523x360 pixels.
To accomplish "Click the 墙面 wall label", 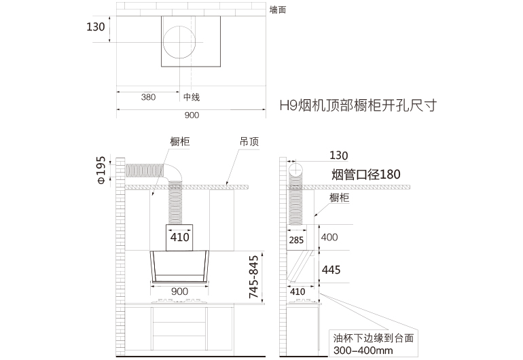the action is click(x=278, y=10).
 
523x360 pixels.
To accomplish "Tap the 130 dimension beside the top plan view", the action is click(x=96, y=26).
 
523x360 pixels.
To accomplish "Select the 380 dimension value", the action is click(x=148, y=97).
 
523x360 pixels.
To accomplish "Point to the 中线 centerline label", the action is click(x=192, y=97).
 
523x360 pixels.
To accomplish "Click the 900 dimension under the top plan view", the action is click(x=192, y=115).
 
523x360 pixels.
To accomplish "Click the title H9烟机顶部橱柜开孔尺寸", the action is click(x=358, y=105).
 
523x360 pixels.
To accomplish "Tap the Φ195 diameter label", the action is click(x=101, y=170).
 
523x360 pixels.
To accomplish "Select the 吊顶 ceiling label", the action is click(x=249, y=142).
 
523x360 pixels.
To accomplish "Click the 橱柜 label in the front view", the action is click(x=180, y=141).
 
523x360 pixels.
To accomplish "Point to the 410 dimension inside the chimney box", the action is click(x=179, y=237).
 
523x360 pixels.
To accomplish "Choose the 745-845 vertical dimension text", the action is click(x=254, y=277).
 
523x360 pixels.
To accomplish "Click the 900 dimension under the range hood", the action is click(x=179, y=291).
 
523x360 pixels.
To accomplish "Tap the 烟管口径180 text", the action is click(x=366, y=175).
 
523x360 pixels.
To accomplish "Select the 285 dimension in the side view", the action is click(x=296, y=240).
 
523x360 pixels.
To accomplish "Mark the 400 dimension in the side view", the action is click(x=329, y=237).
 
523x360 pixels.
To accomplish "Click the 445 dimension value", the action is click(x=331, y=270).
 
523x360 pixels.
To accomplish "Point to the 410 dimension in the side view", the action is click(x=297, y=292).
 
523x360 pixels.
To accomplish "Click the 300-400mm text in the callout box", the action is click(x=363, y=350).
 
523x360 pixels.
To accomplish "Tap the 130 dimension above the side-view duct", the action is click(x=338, y=156).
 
